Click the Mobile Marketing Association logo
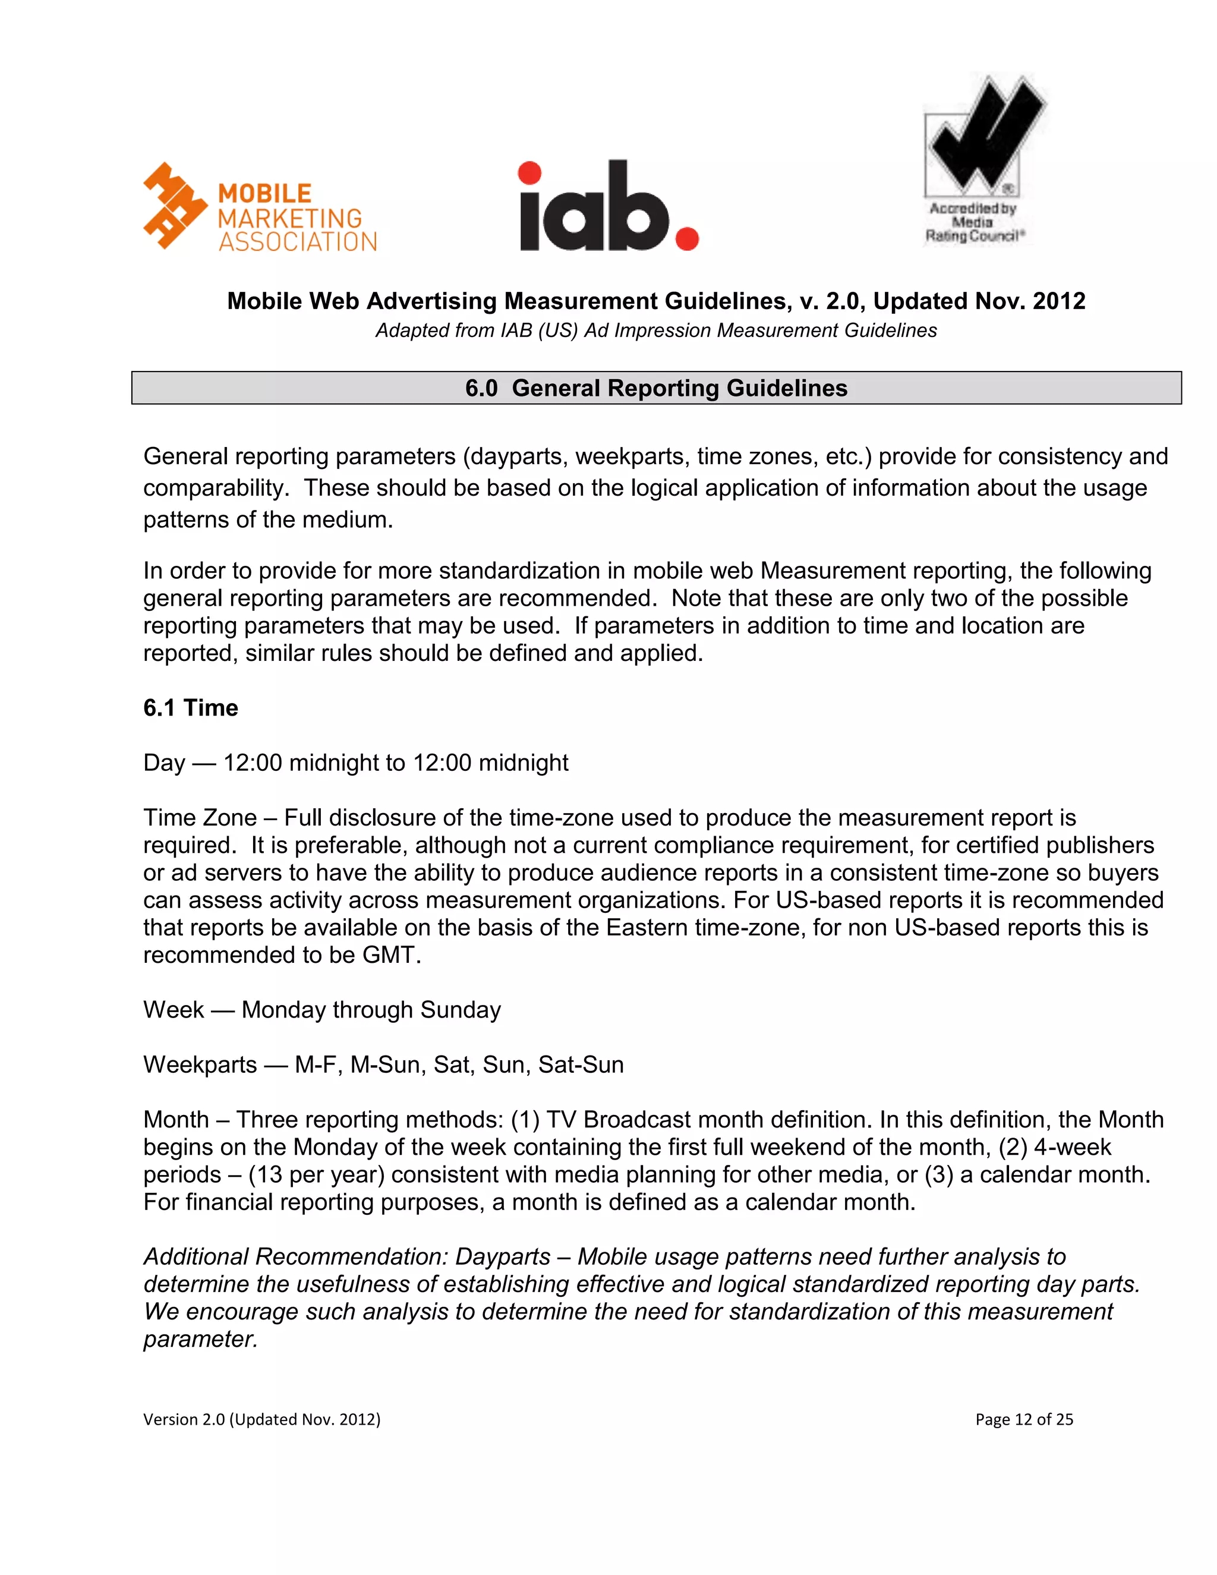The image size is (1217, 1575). point(260,207)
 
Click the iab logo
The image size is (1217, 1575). point(608,206)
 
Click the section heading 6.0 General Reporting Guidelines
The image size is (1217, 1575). point(656,388)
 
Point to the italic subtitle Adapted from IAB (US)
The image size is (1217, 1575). point(655,330)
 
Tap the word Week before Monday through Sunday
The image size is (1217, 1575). point(174,1010)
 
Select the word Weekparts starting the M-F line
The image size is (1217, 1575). point(200,1064)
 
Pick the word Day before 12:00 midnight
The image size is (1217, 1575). point(165,763)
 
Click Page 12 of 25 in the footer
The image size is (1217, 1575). point(1024,1419)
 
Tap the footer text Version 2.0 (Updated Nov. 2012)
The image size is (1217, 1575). point(261,1419)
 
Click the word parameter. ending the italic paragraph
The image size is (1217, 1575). point(200,1338)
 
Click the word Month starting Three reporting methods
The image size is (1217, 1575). point(176,1119)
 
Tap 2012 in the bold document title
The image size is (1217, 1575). point(1058,301)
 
